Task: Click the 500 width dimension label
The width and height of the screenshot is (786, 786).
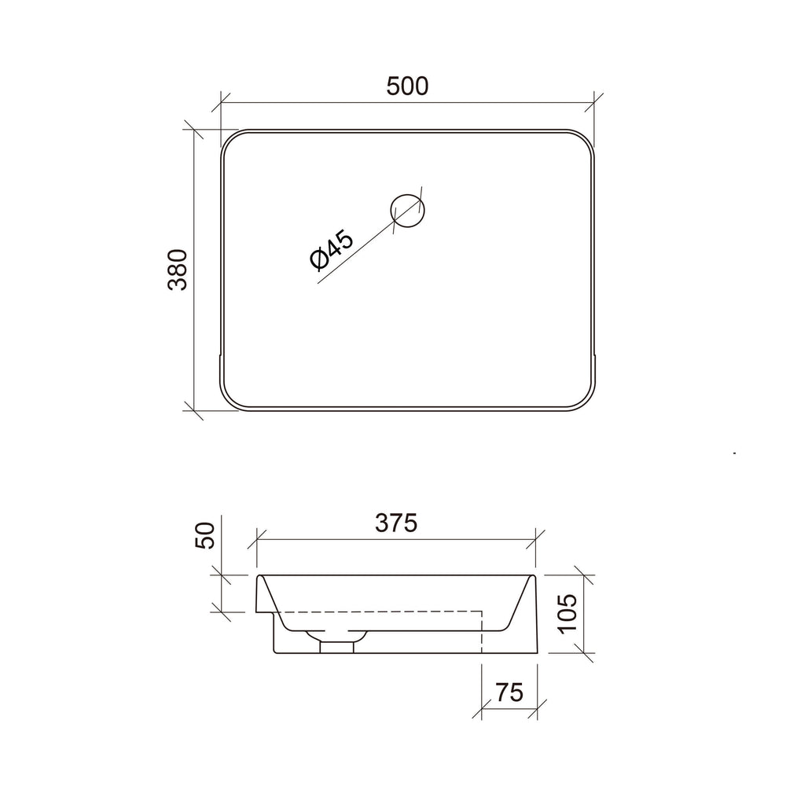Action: pyautogui.click(x=407, y=86)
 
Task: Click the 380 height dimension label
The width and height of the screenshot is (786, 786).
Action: pyautogui.click(x=178, y=270)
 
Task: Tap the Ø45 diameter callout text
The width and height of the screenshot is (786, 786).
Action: pyautogui.click(x=332, y=250)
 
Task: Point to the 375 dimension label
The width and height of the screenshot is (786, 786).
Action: pyautogui.click(x=396, y=523)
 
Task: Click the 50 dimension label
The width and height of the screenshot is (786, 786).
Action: pyautogui.click(x=205, y=535)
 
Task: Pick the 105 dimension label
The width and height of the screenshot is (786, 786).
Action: pyautogui.click(x=568, y=614)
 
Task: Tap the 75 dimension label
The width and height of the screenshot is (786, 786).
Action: pyautogui.click(x=509, y=692)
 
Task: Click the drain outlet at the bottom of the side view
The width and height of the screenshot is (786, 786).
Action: pyautogui.click(x=336, y=647)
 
